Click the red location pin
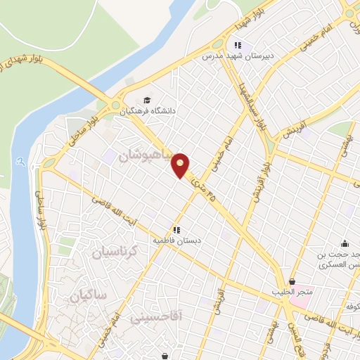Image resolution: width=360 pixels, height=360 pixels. click(x=181, y=165)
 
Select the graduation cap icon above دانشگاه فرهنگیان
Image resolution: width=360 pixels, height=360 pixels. click(x=146, y=99)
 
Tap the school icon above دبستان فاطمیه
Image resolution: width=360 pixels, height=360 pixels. click(x=177, y=229)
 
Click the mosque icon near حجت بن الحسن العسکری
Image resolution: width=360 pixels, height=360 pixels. click(x=345, y=243)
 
